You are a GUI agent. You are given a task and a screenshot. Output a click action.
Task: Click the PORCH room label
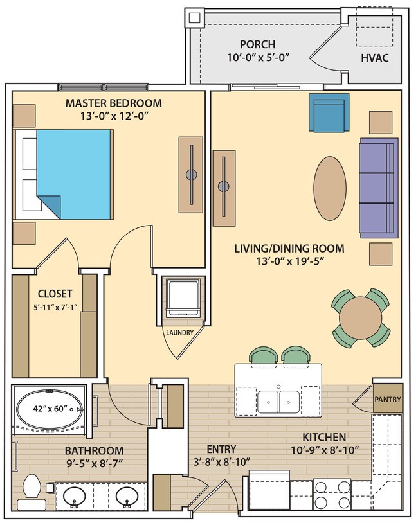point(257,44)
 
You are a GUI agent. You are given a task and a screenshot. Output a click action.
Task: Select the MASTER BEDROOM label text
point(114,103)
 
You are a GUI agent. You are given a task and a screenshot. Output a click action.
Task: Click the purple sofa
point(377,186)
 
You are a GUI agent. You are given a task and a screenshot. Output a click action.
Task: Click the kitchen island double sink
point(278,402)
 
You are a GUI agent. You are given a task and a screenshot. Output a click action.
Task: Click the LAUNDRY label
point(179,332)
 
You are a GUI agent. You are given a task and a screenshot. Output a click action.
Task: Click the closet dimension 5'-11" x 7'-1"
point(55,306)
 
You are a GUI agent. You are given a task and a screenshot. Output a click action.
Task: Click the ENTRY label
point(221,448)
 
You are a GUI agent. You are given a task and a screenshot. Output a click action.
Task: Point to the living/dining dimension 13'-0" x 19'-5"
point(289,260)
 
